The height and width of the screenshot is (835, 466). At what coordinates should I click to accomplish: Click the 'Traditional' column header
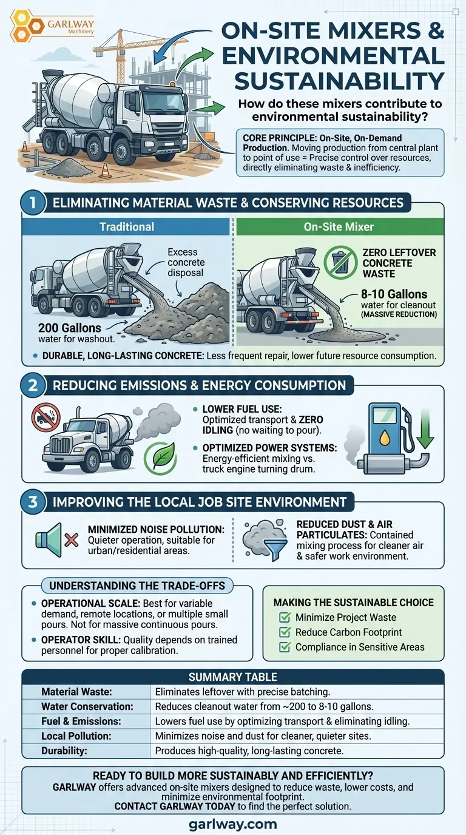(x=126, y=226)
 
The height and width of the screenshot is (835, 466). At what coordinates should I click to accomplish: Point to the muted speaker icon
(x=57, y=538)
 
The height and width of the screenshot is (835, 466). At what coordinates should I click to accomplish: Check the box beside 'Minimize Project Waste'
(x=284, y=617)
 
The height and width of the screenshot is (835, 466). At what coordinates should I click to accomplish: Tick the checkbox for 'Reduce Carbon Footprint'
(x=284, y=632)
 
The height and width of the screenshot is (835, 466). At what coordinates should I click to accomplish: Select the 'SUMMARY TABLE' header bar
(x=232, y=677)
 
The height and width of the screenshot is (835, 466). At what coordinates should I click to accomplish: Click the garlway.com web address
(x=233, y=824)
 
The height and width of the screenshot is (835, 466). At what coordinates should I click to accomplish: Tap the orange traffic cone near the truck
(x=106, y=170)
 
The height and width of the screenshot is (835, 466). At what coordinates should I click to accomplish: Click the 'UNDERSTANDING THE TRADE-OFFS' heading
(x=137, y=586)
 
